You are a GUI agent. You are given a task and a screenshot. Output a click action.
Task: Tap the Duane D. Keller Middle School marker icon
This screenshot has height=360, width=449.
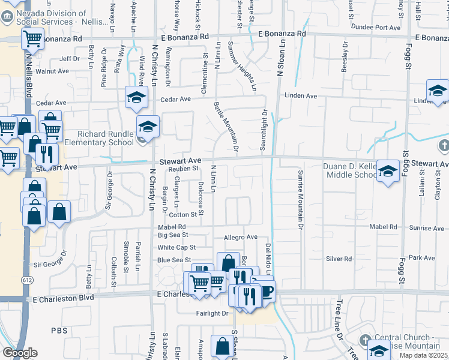coord(388,172)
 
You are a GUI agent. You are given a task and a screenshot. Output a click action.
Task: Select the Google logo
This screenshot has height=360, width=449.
coord(20,353)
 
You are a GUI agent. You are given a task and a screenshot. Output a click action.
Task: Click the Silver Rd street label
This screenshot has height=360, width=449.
coord(339,259)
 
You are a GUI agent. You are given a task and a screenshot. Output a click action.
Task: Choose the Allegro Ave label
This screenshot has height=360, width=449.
coord(240,238)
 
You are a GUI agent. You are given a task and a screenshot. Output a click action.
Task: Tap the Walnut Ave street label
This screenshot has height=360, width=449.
coord(52,71)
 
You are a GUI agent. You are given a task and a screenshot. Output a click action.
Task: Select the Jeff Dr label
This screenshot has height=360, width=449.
coord(70,59)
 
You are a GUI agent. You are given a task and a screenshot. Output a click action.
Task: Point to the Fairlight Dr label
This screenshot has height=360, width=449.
coord(212,313)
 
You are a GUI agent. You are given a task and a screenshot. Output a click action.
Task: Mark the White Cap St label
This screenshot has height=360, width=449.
coord(177,247)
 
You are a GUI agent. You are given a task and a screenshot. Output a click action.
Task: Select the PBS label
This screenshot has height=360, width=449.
coord(59,331)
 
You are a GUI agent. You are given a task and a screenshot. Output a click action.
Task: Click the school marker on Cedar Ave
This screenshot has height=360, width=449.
coord(137,96)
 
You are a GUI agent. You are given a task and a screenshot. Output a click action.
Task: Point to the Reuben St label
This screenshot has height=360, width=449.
coord(183,169)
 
